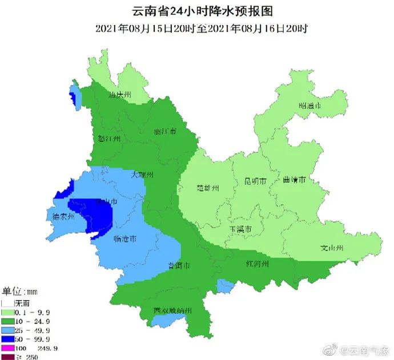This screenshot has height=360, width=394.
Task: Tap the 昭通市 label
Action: point(309,106)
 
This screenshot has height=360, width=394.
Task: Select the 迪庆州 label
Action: point(120,95)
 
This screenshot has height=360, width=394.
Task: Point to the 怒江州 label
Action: point(108,139)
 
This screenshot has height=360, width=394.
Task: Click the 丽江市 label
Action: point(165,131)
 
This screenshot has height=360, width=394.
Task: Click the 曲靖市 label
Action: point(294,180)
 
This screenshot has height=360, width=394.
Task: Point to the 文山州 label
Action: point(331,248)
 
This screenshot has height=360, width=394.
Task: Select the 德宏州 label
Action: point(63,217)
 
